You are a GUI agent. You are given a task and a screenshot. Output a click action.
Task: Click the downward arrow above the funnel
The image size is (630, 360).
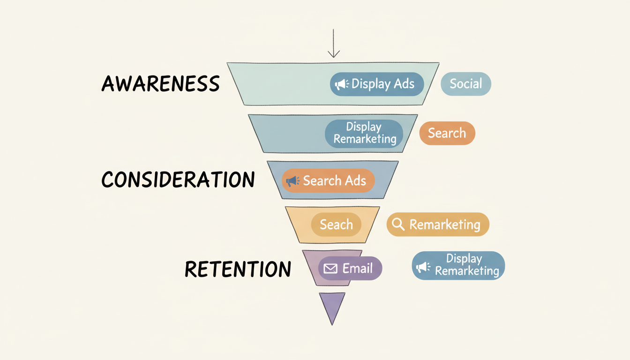pyautogui.click(x=333, y=44)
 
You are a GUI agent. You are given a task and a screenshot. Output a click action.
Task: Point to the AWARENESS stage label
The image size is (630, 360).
pyautogui.click(x=161, y=84)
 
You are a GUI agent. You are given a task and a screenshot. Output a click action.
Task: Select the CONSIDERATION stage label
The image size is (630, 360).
pyautogui.click(x=178, y=180)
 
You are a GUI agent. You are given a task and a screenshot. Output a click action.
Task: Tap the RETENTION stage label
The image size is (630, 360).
pyautogui.click(x=238, y=269)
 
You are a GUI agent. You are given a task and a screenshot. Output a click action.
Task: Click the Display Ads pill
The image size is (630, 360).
pyautogui.click(x=376, y=84)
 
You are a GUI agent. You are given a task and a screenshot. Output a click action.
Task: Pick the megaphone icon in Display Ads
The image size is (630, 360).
pyautogui.click(x=341, y=84)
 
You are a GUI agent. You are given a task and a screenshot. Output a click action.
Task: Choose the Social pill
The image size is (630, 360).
pyautogui.click(x=465, y=84)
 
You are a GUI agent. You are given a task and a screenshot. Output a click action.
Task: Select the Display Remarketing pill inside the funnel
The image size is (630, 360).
pyautogui.click(x=364, y=133)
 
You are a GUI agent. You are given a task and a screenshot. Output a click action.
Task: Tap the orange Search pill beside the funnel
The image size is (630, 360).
pyautogui.click(x=447, y=133)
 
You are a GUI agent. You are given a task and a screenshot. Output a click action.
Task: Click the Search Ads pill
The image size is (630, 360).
pyautogui.click(x=328, y=181)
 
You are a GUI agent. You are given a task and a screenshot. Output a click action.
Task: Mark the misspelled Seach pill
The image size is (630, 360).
pyautogui.click(x=336, y=225)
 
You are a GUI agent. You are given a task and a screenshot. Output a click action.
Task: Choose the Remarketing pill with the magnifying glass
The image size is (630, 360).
pyautogui.click(x=437, y=225)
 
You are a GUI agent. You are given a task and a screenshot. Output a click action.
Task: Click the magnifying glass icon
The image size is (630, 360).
pyautogui.click(x=398, y=225)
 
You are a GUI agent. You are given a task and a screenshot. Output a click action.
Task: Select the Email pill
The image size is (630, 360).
pyautogui.click(x=350, y=269)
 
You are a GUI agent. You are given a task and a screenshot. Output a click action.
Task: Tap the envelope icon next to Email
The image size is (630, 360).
pyautogui.click(x=331, y=269)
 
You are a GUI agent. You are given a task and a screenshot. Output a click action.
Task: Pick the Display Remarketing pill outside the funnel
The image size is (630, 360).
pyautogui.click(x=458, y=265)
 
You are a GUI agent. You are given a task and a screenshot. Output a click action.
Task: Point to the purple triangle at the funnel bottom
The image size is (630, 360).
pyautogui.click(x=332, y=306)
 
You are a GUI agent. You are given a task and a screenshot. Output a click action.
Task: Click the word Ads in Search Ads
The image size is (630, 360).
pyautogui.click(x=355, y=181)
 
